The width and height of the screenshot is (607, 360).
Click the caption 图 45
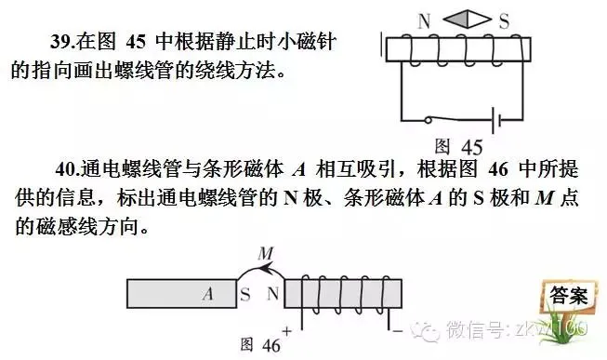click(458, 146)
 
